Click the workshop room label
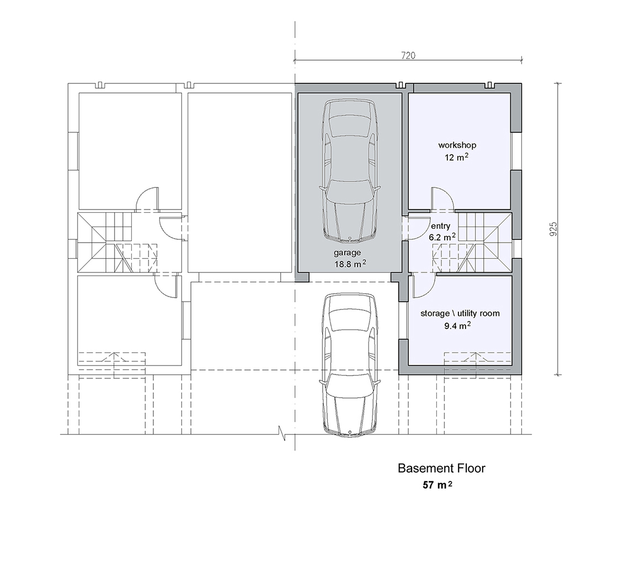click(457, 145)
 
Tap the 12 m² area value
click(457, 157)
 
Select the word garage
click(348, 253)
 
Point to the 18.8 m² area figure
click(350, 264)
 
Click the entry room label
click(441, 226)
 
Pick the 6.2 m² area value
click(442, 237)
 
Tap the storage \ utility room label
click(460, 313)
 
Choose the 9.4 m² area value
click(457, 325)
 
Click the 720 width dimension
click(408, 56)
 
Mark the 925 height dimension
click(553, 229)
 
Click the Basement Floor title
click(441, 468)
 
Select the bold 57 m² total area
click(437, 485)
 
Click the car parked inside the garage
click(349, 170)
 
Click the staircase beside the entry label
click(473, 243)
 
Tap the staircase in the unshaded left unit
click(118, 243)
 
